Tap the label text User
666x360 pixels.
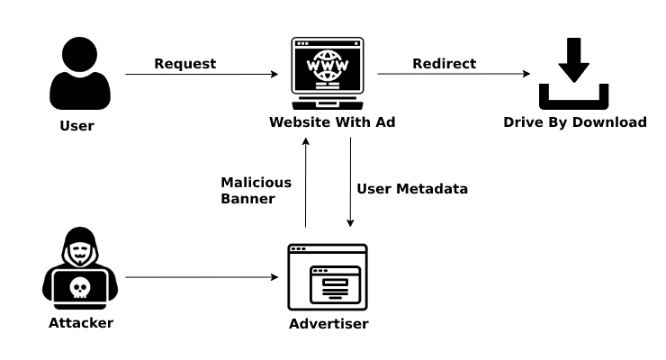tap(76, 126)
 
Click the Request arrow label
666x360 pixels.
tap(185, 64)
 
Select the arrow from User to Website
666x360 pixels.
tap(202, 75)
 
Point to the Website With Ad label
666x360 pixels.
tap(332, 123)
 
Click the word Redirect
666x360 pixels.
tap(445, 64)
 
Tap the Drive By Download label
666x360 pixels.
tap(574, 122)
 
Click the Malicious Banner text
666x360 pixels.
tap(256, 190)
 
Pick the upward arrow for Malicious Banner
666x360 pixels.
tap(306, 184)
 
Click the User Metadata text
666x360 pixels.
tap(412, 189)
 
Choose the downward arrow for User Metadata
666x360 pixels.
tap(350, 184)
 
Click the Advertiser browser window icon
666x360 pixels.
tap(327, 277)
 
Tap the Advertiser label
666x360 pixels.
tap(328, 324)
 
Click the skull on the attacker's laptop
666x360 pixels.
tap(79, 288)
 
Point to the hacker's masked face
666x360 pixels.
tap(80, 249)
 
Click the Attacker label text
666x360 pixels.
tap(81, 323)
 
